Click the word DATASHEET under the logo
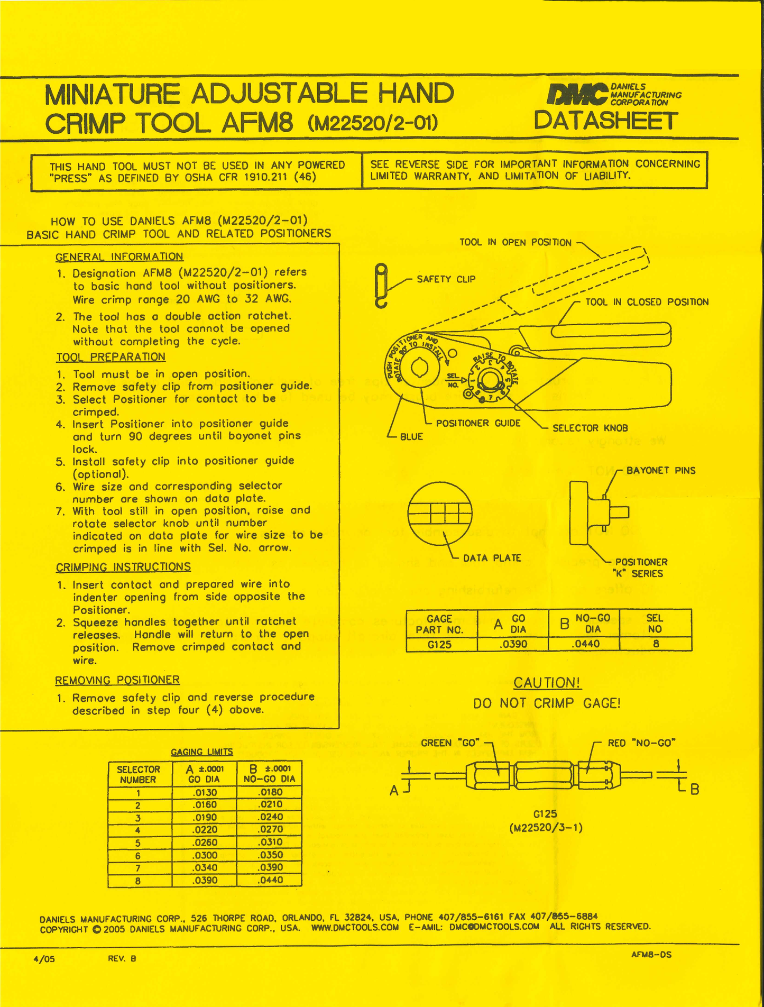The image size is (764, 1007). [605, 121]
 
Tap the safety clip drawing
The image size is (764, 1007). [381, 286]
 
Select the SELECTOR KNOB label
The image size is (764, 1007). [590, 428]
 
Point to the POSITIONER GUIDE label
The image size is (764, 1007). [478, 423]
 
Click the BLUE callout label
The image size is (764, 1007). [411, 437]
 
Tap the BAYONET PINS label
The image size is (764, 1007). [660, 471]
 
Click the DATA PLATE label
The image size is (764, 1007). [492, 558]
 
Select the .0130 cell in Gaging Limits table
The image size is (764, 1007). [204, 792]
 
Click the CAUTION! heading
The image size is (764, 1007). [547, 683]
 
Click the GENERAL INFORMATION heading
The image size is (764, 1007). [119, 257]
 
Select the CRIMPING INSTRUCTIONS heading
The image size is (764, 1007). [123, 567]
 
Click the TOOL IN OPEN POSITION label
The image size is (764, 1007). [515, 243]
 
